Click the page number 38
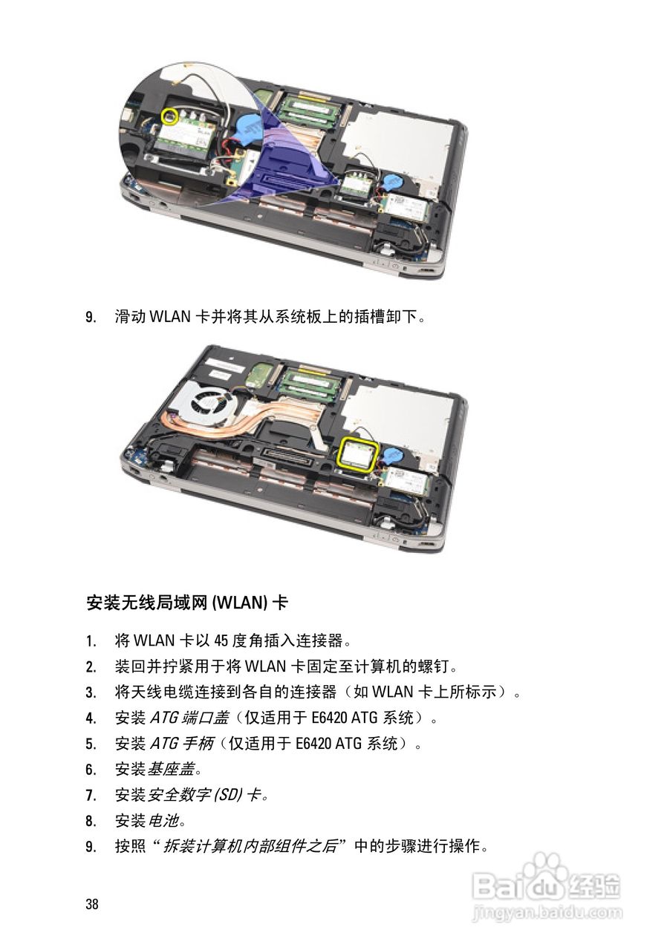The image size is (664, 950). (92, 904)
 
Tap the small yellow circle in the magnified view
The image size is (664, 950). (170, 117)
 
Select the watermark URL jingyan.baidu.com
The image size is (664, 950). (547, 912)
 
